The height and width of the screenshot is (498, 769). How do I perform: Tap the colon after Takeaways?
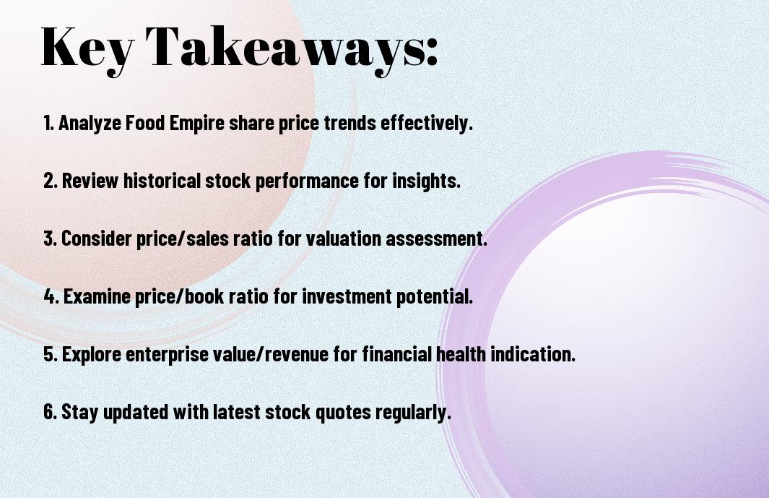(432, 51)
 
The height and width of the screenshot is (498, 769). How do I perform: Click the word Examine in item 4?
(97, 296)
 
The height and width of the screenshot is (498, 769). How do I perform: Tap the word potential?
(435, 296)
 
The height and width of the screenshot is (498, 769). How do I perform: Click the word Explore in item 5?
(91, 354)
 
